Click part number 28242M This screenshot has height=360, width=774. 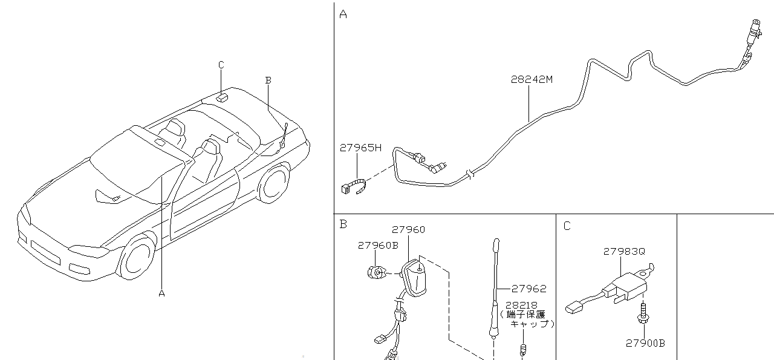point(532,79)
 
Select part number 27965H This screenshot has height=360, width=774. point(360,147)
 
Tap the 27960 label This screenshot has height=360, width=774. point(408,230)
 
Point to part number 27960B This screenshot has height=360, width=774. point(378,246)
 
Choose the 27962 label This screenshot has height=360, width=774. point(528,289)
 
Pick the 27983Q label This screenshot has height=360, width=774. point(625,251)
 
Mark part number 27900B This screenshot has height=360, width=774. point(645,343)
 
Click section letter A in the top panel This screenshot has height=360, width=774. point(343,14)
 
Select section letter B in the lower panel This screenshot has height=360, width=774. point(343,224)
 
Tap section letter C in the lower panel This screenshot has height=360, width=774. point(567,226)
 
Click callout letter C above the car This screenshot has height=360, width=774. point(221,65)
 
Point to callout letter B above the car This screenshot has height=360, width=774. point(268,80)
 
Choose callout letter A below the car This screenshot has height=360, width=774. point(161,293)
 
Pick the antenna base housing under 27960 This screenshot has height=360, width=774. point(415,278)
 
